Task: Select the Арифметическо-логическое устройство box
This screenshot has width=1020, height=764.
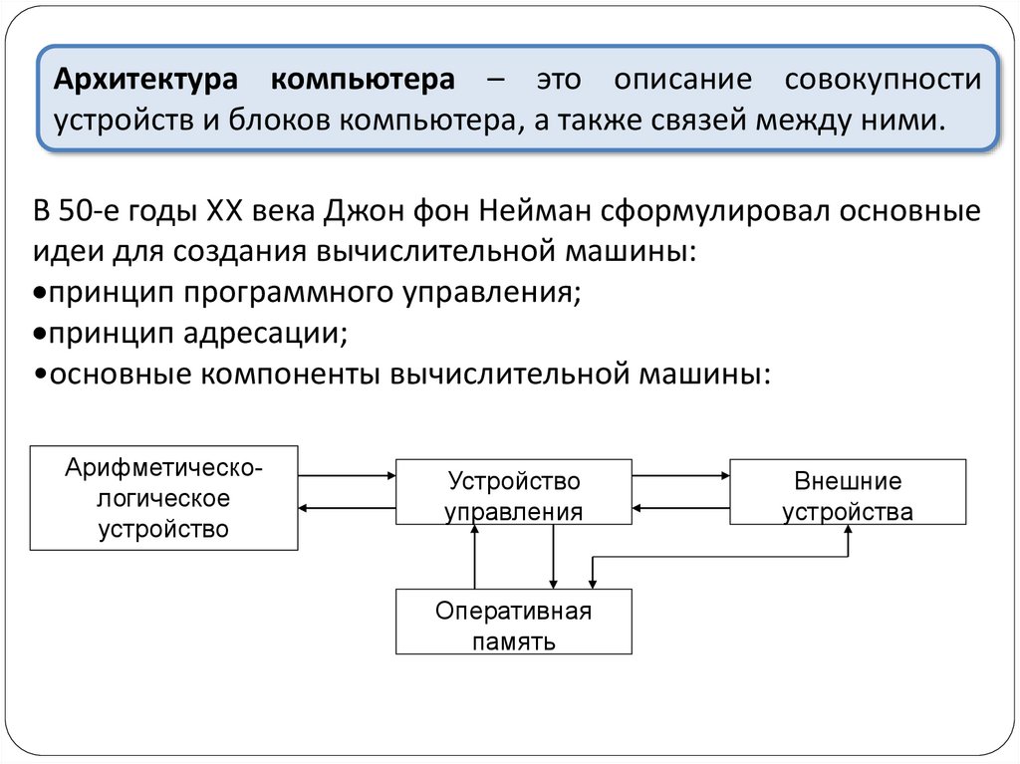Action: [x=163, y=497]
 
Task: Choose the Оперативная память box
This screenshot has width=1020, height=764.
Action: [x=513, y=622]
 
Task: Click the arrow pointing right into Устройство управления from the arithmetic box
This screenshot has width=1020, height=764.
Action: [x=348, y=476]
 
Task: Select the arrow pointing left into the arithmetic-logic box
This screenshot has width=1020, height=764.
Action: [x=348, y=508]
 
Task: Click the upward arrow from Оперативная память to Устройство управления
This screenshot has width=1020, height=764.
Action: [x=475, y=557]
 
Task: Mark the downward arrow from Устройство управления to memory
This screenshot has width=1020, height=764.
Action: [x=553, y=557]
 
